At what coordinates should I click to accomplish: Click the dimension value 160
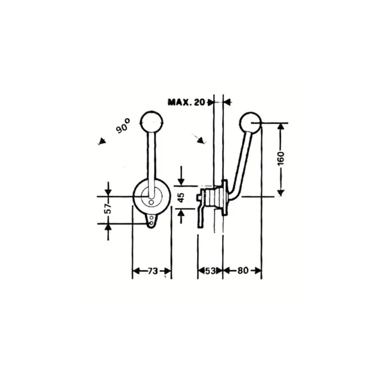tap(281, 158)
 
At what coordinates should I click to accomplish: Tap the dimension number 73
tap(153, 271)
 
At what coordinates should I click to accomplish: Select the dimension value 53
tap(210, 271)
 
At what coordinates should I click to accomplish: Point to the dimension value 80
tap(243, 271)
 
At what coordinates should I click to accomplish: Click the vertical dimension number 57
tap(108, 209)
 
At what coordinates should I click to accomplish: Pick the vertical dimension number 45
tap(181, 198)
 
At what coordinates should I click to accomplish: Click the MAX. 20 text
tap(186, 102)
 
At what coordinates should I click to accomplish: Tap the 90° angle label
tap(123, 126)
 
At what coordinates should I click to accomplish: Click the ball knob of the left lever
tap(151, 122)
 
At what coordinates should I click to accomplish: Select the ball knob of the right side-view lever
tap(250, 123)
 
